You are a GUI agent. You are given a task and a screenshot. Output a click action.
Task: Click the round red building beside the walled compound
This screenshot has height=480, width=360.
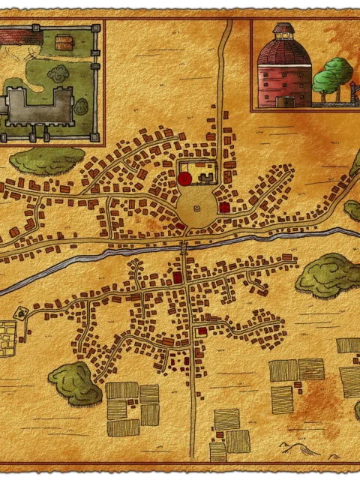[184, 178]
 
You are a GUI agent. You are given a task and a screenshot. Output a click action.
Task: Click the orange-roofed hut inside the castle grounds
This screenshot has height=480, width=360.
[64, 44]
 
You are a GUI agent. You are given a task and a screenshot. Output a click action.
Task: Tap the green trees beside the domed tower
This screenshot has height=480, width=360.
[331, 75]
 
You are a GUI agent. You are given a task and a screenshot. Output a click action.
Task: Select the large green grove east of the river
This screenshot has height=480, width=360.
[327, 274]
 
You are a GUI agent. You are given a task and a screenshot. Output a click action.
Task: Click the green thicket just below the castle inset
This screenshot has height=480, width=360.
[46, 159]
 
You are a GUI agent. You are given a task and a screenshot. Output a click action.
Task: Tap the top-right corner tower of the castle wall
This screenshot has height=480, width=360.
[95, 28]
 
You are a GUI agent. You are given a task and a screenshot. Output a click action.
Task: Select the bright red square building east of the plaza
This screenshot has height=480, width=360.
[223, 207]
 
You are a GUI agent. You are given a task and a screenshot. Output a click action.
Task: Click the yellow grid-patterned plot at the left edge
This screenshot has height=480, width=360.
[7, 337]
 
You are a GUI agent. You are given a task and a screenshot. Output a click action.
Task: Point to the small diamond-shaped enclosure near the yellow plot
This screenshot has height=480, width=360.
[20, 311]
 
